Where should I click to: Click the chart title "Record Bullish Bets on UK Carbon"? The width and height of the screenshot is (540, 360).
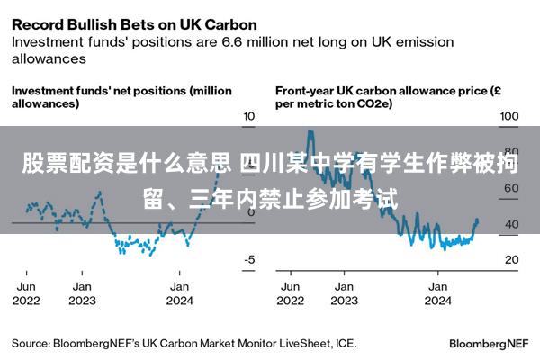pyautogui.click(x=134, y=25)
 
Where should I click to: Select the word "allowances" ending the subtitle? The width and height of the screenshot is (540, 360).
pyautogui.click(x=49, y=58)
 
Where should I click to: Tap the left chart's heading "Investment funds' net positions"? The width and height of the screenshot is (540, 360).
pyautogui.click(x=99, y=91)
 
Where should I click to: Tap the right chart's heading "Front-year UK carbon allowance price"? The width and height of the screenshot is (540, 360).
pyautogui.click(x=382, y=91)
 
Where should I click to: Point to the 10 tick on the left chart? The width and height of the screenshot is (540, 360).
pyautogui.click(x=249, y=116)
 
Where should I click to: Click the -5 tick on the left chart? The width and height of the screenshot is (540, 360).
pyautogui.click(x=249, y=259)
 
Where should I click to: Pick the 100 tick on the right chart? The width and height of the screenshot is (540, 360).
pyautogui.click(x=509, y=116)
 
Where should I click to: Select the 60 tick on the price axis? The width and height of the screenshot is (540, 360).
pyautogui.click(x=511, y=188)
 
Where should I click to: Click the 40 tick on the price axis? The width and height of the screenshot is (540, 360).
pyautogui.click(x=512, y=224)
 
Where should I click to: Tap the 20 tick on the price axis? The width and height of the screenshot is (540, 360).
pyautogui.click(x=512, y=259)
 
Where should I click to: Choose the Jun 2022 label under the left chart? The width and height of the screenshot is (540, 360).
pyautogui.click(x=26, y=293)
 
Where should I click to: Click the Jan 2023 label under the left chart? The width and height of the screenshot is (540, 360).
pyautogui.click(x=82, y=293)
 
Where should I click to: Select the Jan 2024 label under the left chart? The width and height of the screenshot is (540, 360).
pyautogui.click(x=179, y=293)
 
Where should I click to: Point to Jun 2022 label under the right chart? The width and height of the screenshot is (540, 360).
pyautogui.click(x=291, y=293)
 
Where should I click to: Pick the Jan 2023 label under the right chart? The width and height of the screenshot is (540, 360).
pyautogui.click(x=345, y=293)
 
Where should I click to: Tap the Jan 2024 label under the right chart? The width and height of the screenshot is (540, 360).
pyautogui.click(x=438, y=293)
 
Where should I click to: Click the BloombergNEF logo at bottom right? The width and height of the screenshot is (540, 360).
pyautogui.click(x=489, y=344)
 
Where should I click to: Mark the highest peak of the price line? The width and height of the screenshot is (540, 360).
pyautogui.click(x=310, y=130)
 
